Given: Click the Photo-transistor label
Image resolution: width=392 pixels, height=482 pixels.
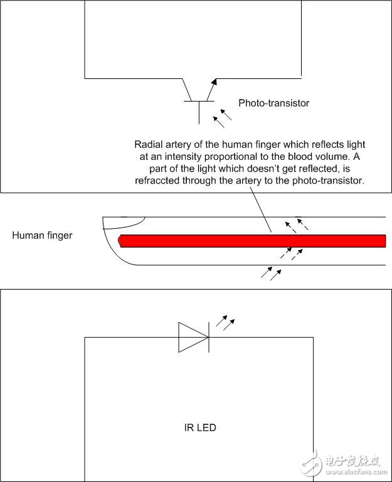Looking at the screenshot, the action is [x=273, y=103].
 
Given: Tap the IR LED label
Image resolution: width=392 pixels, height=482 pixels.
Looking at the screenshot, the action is [x=200, y=427].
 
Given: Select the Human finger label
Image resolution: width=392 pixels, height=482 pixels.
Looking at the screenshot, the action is [x=42, y=236].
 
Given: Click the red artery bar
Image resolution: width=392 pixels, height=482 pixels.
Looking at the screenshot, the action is [x=252, y=241].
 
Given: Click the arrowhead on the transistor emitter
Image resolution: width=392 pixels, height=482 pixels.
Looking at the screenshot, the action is [x=214, y=81].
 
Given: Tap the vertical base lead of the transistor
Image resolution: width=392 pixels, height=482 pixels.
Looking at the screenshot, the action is [x=199, y=112].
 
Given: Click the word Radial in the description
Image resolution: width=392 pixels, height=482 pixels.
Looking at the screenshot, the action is [x=147, y=145].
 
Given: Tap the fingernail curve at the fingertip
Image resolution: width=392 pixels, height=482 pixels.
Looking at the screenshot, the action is [x=129, y=225].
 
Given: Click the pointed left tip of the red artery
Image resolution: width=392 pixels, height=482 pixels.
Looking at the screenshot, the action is [x=119, y=241].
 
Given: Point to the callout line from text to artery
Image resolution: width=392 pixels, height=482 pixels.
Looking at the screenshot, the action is [x=261, y=209].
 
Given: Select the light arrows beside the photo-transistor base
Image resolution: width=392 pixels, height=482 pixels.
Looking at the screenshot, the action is [x=222, y=118].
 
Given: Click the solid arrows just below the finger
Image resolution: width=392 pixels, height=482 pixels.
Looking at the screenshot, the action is [x=271, y=273].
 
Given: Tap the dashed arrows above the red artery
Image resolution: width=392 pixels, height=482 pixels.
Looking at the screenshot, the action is [x=296, y=225].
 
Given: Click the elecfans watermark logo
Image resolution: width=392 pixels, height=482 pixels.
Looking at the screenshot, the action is [x=343, y=464].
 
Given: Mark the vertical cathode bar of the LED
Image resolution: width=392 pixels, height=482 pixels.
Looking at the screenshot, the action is [x=209, y=337].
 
